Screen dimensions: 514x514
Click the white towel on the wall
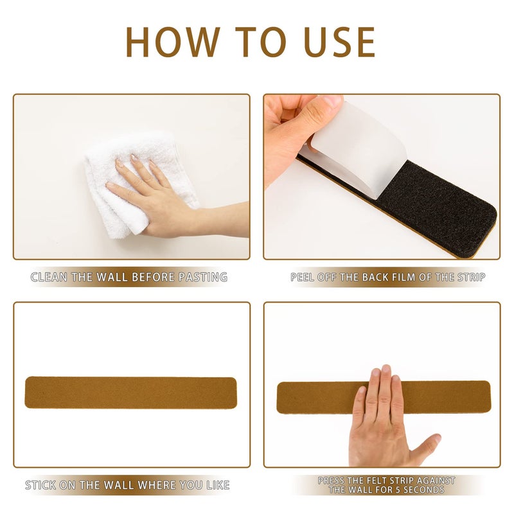137,184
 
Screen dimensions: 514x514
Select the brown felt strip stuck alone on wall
130,393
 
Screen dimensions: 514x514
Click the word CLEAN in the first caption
49,278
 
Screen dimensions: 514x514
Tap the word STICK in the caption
40,485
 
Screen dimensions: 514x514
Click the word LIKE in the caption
218,485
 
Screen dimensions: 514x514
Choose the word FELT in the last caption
373,481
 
